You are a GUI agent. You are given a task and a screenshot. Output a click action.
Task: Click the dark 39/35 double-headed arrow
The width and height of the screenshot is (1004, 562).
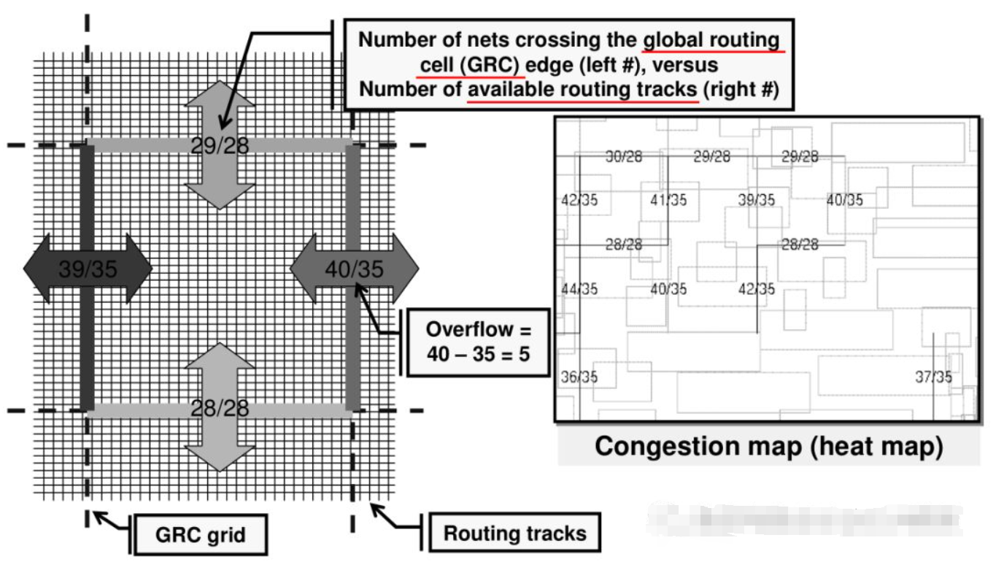[x=88, y=269]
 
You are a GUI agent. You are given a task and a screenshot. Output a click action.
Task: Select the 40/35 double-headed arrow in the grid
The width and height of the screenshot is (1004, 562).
[x=355, y=269]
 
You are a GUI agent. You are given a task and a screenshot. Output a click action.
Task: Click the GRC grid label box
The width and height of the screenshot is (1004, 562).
[x=200, y=536]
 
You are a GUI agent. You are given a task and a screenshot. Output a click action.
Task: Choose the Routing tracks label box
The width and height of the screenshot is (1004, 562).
[x=514, y=534]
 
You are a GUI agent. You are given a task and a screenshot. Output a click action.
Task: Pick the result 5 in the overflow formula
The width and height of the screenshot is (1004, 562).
[x=524, y=354]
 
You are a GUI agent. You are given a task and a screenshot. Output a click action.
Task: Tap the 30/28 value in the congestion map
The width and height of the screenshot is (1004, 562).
[x=624, y=156]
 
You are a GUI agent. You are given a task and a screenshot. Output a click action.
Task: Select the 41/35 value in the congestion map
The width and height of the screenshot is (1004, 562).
[x=668, y=200]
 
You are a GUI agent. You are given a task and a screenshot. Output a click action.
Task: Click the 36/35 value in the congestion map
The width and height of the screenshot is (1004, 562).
[x=579, y=377]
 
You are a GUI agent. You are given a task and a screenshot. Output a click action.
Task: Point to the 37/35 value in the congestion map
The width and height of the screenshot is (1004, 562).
[x=933, y=377]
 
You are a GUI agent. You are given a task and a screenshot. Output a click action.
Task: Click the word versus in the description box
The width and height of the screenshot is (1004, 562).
[x=684, y=65]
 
